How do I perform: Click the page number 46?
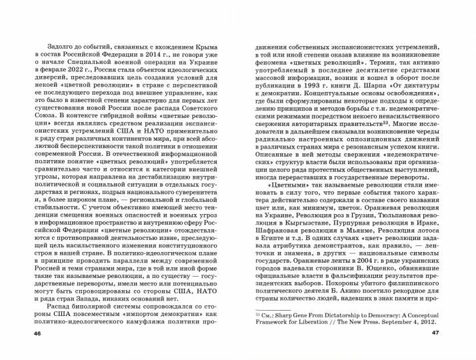27,352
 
